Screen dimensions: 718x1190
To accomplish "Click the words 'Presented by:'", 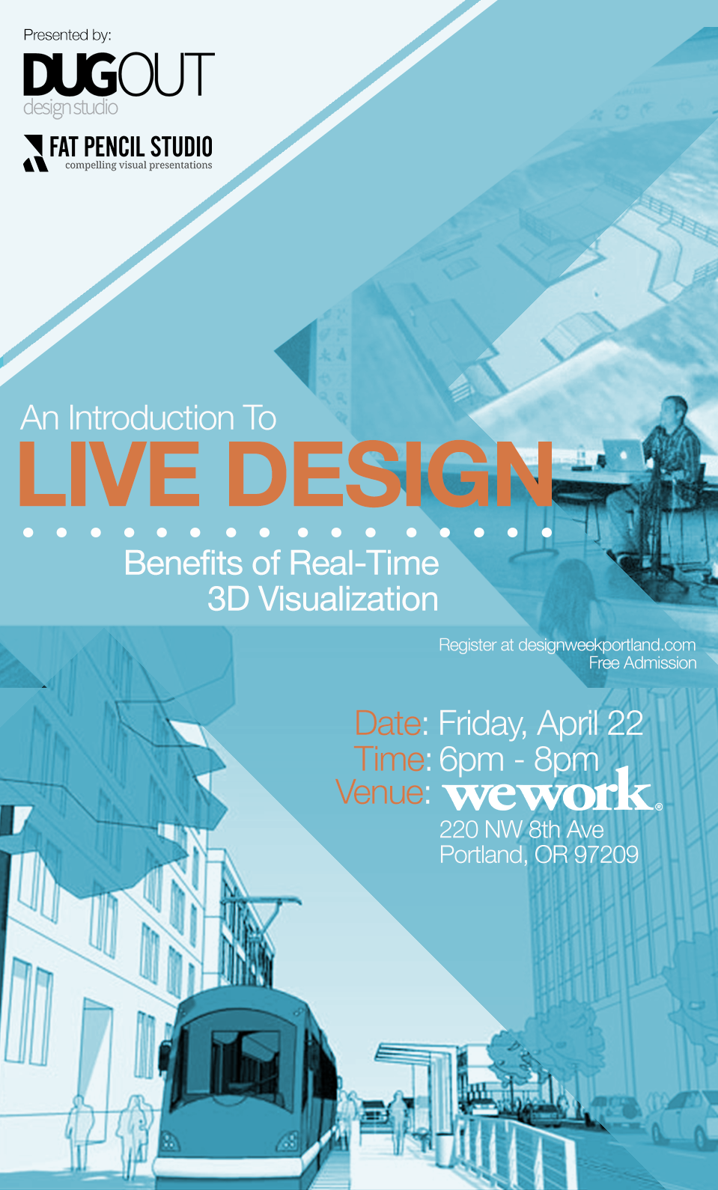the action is (x=67, y=36).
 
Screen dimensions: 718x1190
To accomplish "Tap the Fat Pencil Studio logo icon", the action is (x=34, y=153).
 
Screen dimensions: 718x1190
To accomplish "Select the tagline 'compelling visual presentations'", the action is (x=139, y=165).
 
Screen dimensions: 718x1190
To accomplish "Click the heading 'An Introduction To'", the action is (x=148, y=418).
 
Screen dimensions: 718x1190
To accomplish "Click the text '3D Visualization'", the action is (x=323, y=599).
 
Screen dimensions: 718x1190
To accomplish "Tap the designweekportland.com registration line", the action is (x=567, y=645).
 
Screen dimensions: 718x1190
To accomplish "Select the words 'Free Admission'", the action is (x=642, y=663).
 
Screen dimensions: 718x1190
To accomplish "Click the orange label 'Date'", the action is (x=388, y=724).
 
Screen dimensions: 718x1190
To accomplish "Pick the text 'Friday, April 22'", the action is (x=541, y=724).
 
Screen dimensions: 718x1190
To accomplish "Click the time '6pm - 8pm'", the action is (x=519, y=760).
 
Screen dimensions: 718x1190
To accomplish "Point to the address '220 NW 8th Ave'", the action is (x=521, y=830).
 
